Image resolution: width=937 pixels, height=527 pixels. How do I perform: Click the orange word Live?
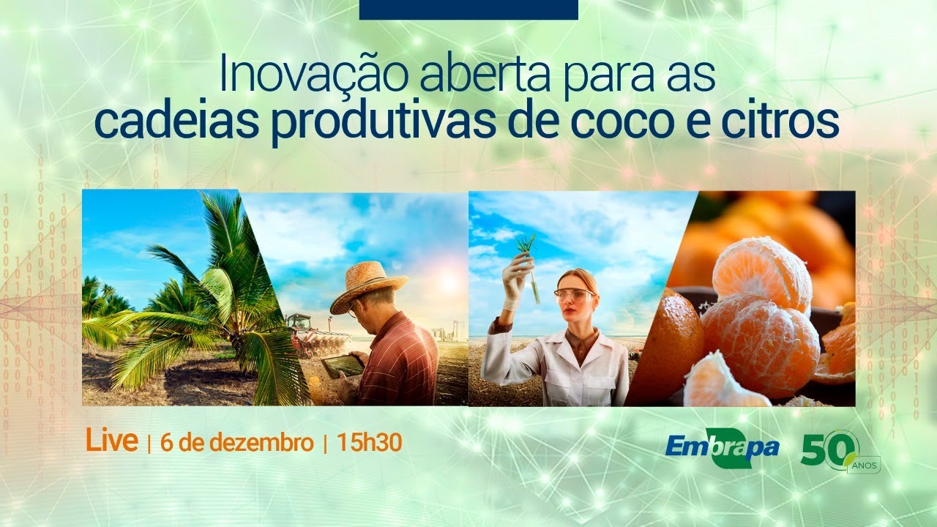[x=111, y=441]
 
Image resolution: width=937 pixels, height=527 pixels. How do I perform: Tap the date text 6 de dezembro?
[x=236, y=443]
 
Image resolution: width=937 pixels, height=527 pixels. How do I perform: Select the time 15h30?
[x=369, y=443]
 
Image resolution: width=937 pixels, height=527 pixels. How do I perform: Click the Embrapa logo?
[x=722, y=446]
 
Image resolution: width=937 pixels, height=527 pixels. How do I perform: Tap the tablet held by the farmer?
[x=343, y=365]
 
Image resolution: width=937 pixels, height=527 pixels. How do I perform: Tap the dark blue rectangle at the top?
[x=468, y=10]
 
